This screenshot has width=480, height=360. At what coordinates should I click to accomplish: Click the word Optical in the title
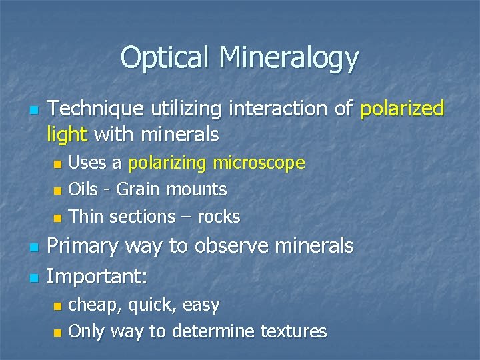click(168, 58)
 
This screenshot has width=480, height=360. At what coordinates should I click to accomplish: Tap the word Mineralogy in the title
click(290, 59)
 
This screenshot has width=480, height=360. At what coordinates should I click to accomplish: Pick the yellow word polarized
click(402, 109)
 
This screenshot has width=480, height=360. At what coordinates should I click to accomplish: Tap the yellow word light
click(67, 135)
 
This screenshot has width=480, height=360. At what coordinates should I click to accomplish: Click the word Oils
click(83, 189)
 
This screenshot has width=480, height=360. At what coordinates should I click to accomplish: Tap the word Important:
click(97, 275)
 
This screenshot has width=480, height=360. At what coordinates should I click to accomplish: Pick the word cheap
click(95, 305)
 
